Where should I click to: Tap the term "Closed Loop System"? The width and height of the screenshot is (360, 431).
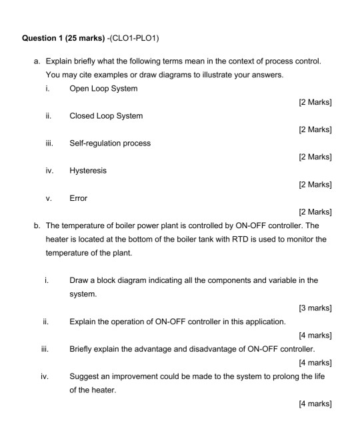pyautogui.click(x=106, y=115)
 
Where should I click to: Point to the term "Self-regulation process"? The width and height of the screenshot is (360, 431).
pyautogui.click(x=110, y=143)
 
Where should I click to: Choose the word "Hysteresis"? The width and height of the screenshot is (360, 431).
pyautogui.click(x=88, y=170)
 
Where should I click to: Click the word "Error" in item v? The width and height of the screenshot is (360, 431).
pyautogui.click(x=79, y=198)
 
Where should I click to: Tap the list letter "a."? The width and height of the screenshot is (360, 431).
pyautogui.click(x=37, y=61)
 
